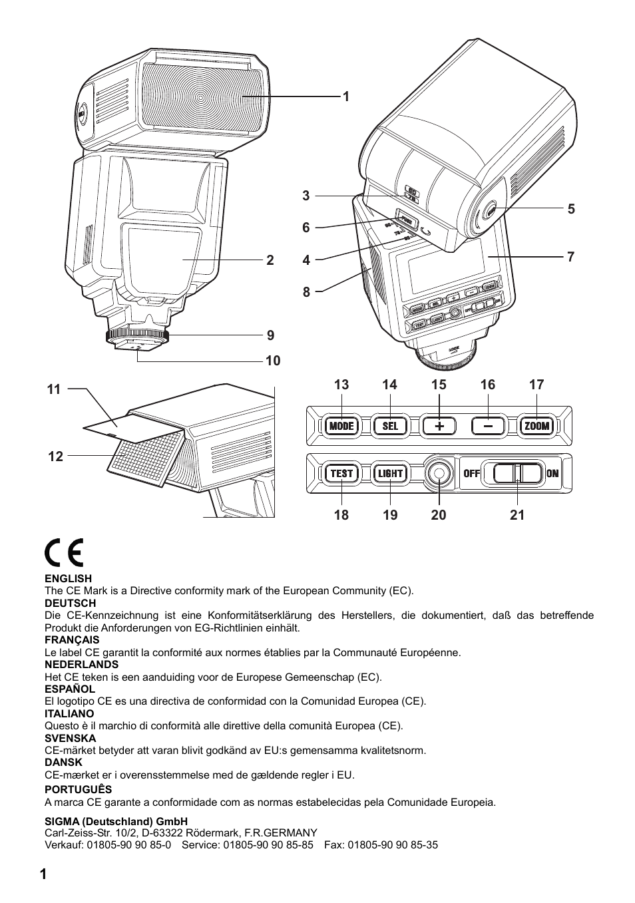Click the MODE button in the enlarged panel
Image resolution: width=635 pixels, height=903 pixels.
341,426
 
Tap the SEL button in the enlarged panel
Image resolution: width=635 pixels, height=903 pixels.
390,426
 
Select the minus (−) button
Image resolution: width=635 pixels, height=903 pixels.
489,426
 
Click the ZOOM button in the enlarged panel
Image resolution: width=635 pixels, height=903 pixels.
536,426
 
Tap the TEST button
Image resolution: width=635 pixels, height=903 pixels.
341,473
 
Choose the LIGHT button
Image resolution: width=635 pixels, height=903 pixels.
390,473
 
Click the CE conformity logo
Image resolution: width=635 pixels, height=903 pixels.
64,553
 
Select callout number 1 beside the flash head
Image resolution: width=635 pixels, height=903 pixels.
345,97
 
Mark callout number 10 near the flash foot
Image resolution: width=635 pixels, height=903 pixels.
273,361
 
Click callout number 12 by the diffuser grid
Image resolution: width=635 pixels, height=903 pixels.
55,456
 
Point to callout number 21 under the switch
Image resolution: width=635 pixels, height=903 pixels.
517,515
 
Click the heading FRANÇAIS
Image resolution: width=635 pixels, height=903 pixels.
72,640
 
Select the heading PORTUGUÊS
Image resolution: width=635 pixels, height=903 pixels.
78,790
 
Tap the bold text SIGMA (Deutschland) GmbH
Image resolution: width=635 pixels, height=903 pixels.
116,821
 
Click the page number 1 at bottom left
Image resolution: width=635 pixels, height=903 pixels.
43,875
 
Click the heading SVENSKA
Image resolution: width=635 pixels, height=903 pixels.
70,738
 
